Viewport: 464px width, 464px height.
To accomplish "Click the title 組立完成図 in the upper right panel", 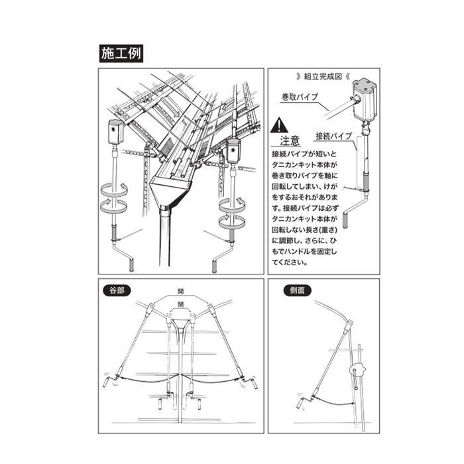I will (x=324, y=76).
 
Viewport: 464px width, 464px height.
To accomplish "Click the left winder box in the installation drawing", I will (x=116, y=131).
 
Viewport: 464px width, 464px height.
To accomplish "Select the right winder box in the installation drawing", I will (x=233, y=151).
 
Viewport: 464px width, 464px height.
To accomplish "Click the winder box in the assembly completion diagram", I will (x=365, y=97).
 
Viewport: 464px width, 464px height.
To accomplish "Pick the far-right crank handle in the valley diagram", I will (x=255, y=382).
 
